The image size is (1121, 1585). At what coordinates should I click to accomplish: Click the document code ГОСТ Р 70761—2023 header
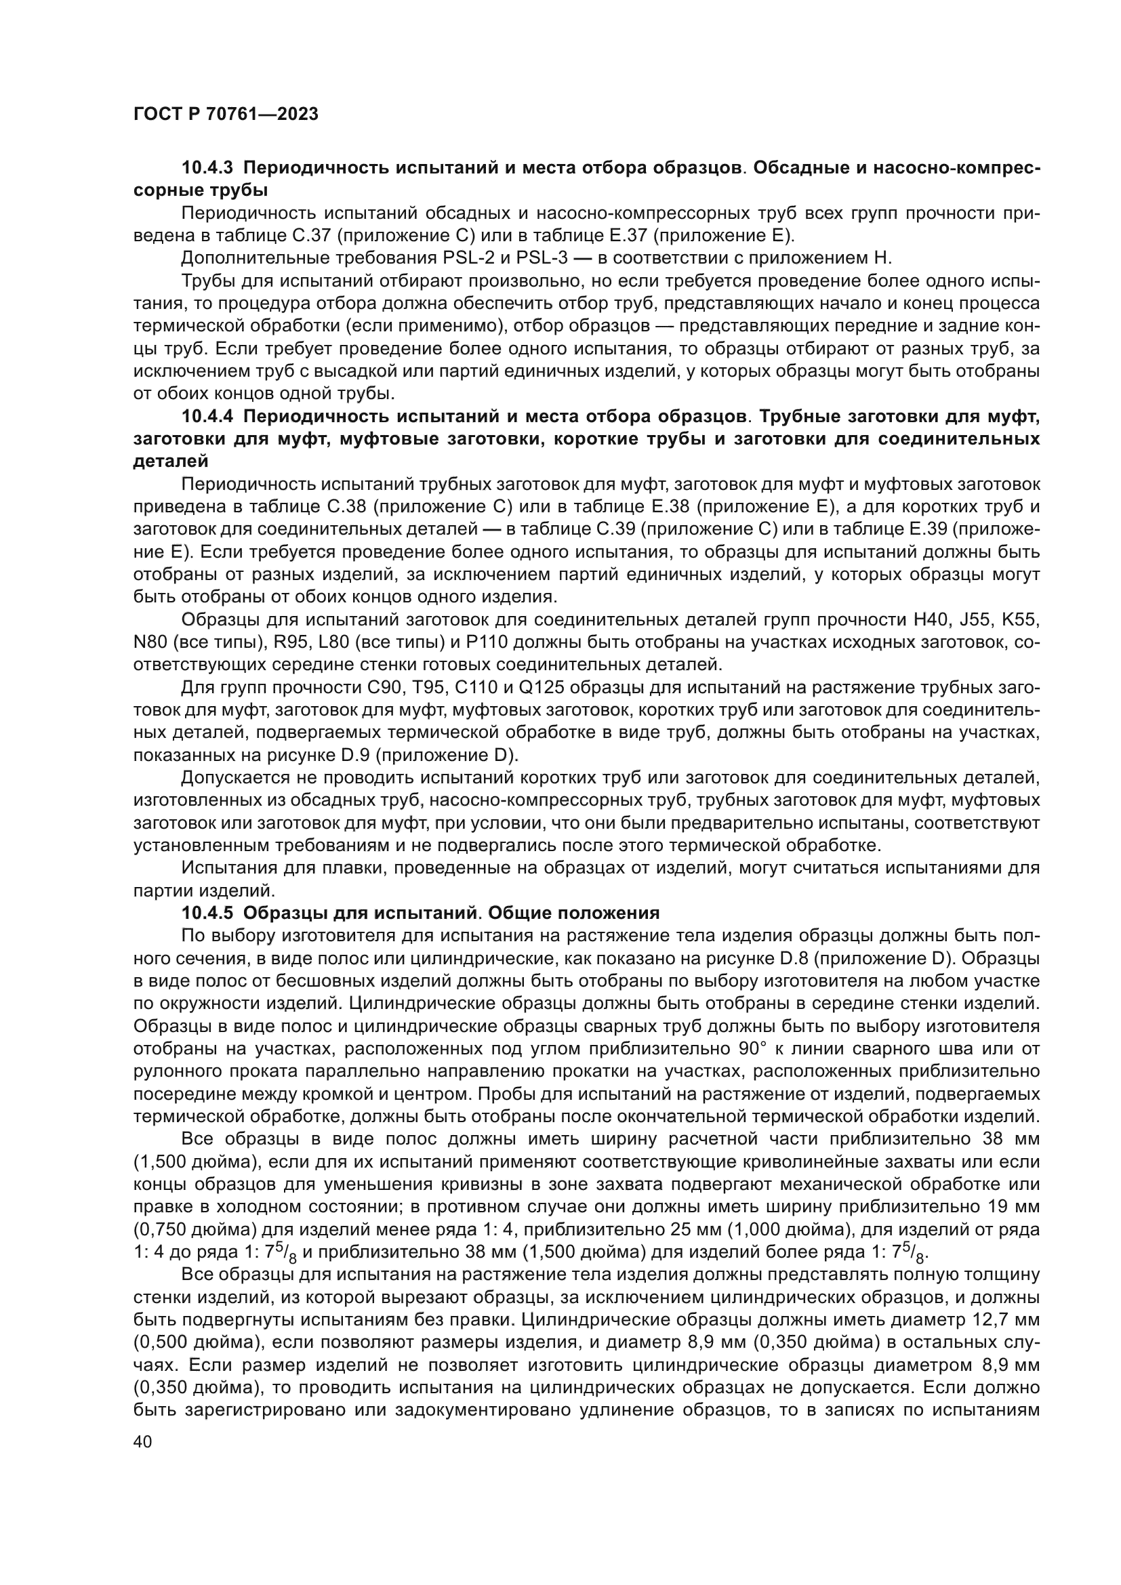tap(226, 115)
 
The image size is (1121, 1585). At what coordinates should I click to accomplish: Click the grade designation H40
tap(933, 619)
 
